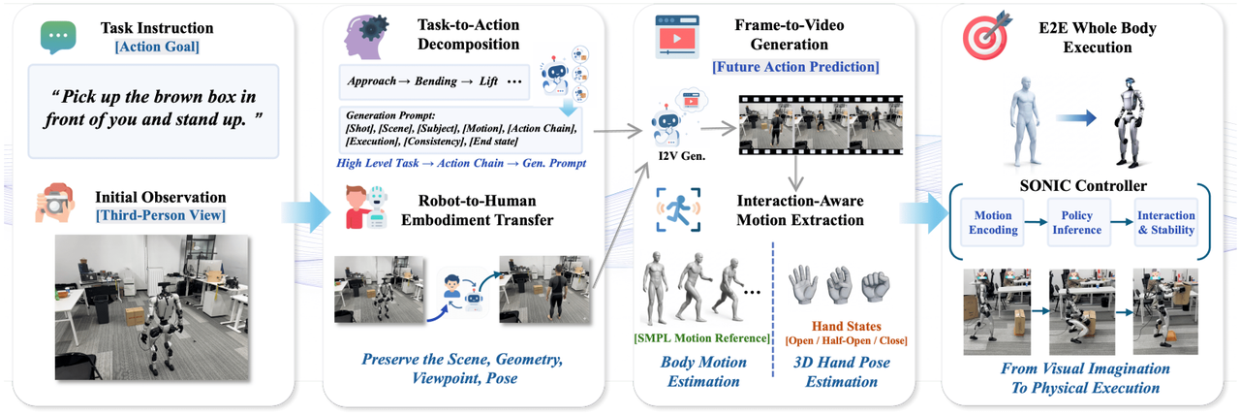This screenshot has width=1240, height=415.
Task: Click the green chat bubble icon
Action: [x=58, y=37]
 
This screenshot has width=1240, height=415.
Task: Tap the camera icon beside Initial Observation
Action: [x=54, y=203]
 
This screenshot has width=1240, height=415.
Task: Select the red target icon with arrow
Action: [x=987, y=36]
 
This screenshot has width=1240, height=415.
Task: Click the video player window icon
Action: [x=676, y=37]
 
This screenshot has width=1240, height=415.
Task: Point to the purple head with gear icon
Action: [x=365, y=37]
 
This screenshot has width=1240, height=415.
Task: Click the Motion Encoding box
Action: [x=993, y=222]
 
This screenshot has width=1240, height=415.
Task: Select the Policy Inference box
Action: [x=1076, y=222]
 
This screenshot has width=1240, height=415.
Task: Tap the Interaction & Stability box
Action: [x=1165, y=222]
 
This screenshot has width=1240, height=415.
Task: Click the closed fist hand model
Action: [x=875, y=286]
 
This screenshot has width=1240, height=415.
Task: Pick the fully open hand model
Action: [x=803, y=285]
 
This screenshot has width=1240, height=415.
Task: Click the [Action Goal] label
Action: [x=157, y=47]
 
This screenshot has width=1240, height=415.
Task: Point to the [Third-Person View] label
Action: [x=161, y=215]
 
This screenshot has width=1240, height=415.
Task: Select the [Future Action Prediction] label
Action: [x=795, y=67]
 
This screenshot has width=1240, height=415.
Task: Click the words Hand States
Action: [x=847, y=327]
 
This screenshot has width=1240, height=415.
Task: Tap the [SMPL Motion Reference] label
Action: [x=702, y=338]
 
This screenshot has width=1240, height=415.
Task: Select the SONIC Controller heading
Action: [x=1083, y=185]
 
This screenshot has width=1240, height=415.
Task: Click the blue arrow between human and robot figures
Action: [x=1075, y=117]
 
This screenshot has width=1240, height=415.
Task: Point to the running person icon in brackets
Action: [x=678, y=209]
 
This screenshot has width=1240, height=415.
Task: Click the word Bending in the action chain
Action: [x=436, y=80]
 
